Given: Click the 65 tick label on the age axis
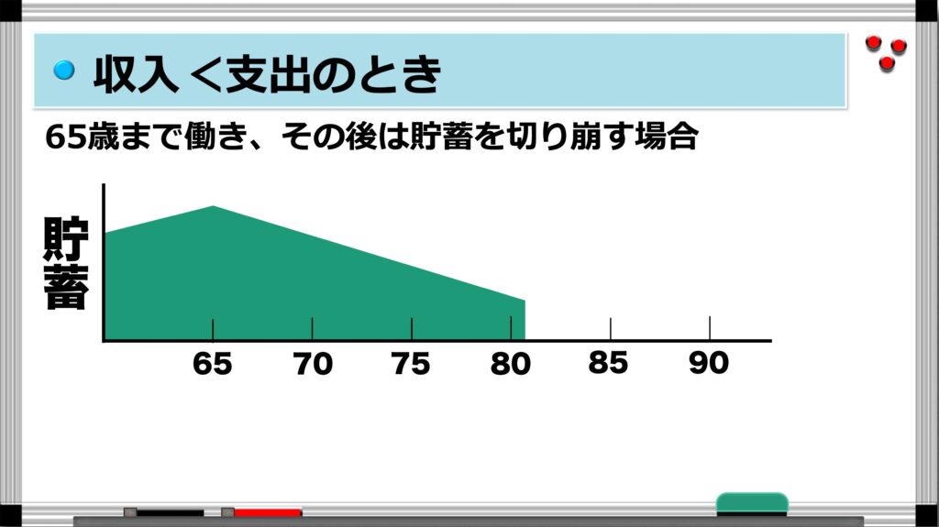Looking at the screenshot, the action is click(212, 364).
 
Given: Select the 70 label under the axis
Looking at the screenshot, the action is click(312, 364).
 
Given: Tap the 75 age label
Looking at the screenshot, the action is click(411, 364).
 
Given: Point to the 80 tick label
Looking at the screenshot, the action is click(510, 364).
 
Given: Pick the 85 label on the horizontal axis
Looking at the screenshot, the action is click(609, 363).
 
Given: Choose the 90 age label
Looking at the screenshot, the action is click(709, 363).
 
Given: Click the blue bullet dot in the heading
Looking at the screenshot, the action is click(64, 70).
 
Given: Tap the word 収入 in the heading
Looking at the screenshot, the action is click(136, 73).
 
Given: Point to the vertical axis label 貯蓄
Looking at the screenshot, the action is click(66, 264).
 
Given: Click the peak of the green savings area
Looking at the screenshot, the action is click(213, 206).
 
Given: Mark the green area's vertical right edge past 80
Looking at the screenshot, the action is click(525, 320).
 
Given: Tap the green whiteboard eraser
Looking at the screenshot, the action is click(752, 504).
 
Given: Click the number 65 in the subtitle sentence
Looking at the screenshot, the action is click(66, 137).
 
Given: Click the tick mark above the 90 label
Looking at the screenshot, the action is click(710, 328).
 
